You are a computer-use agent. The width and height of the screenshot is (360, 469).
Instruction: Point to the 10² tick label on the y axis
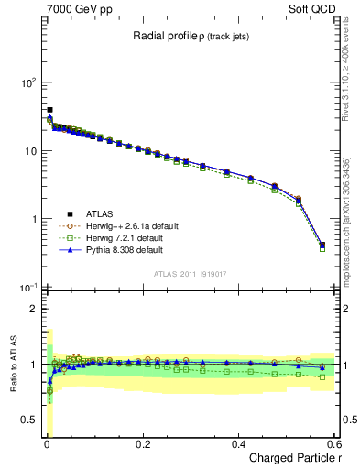[x=26, y=82]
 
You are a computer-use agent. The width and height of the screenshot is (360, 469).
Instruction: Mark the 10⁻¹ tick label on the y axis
[x=26, y=288]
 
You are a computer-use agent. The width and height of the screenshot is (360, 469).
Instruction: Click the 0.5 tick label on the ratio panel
[x=27, y=420]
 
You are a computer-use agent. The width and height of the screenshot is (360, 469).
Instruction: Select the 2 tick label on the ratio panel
[x=32, y=309]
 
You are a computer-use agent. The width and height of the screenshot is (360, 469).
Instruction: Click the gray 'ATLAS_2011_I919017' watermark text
[x=190, y=274]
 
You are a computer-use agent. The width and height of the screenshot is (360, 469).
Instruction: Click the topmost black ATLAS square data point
[x=49, y=110]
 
